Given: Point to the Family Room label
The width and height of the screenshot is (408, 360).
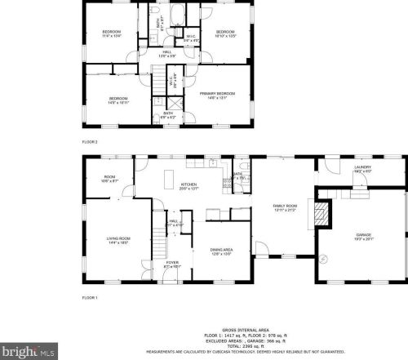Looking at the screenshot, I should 283,207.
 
